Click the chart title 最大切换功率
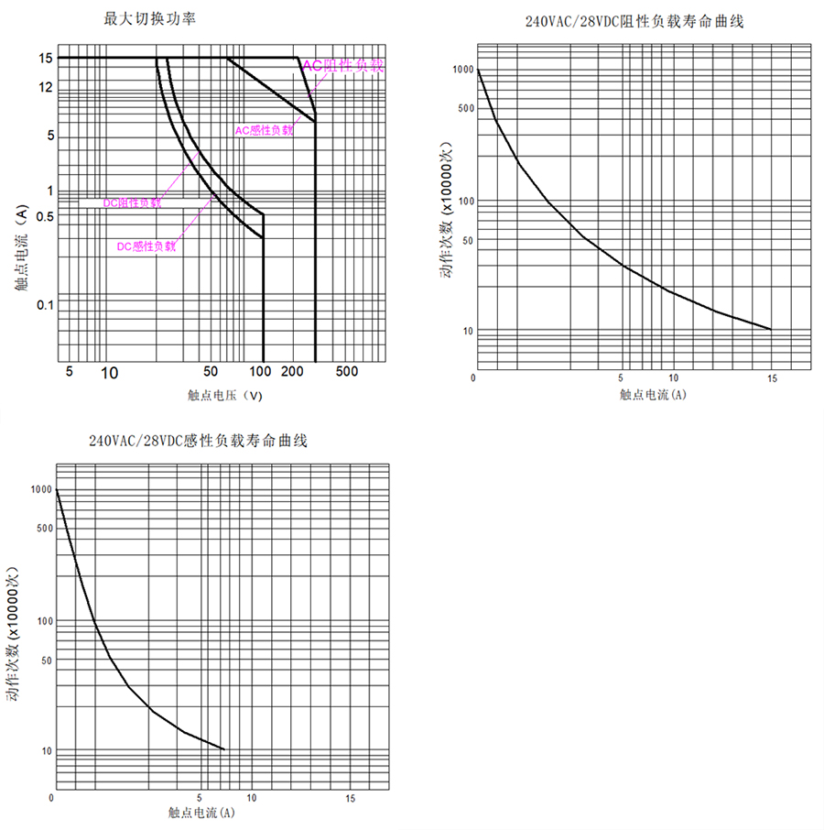(x=150, y=18)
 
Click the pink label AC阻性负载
(x=344, y=65)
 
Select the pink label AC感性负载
(x=265, y=130)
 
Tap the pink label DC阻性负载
(x=132, y=202)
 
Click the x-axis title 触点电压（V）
(x=224, y=396)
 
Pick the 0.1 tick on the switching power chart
(x=45, y=304)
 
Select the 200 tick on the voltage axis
(x=292, y=372)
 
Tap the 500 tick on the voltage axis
(x=346, y=372)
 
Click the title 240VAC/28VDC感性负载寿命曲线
(x=198, y=441)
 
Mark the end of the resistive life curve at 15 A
(x=771, y=329)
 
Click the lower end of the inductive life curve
(x=223, y=749)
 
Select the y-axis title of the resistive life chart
(x=446, y=210)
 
